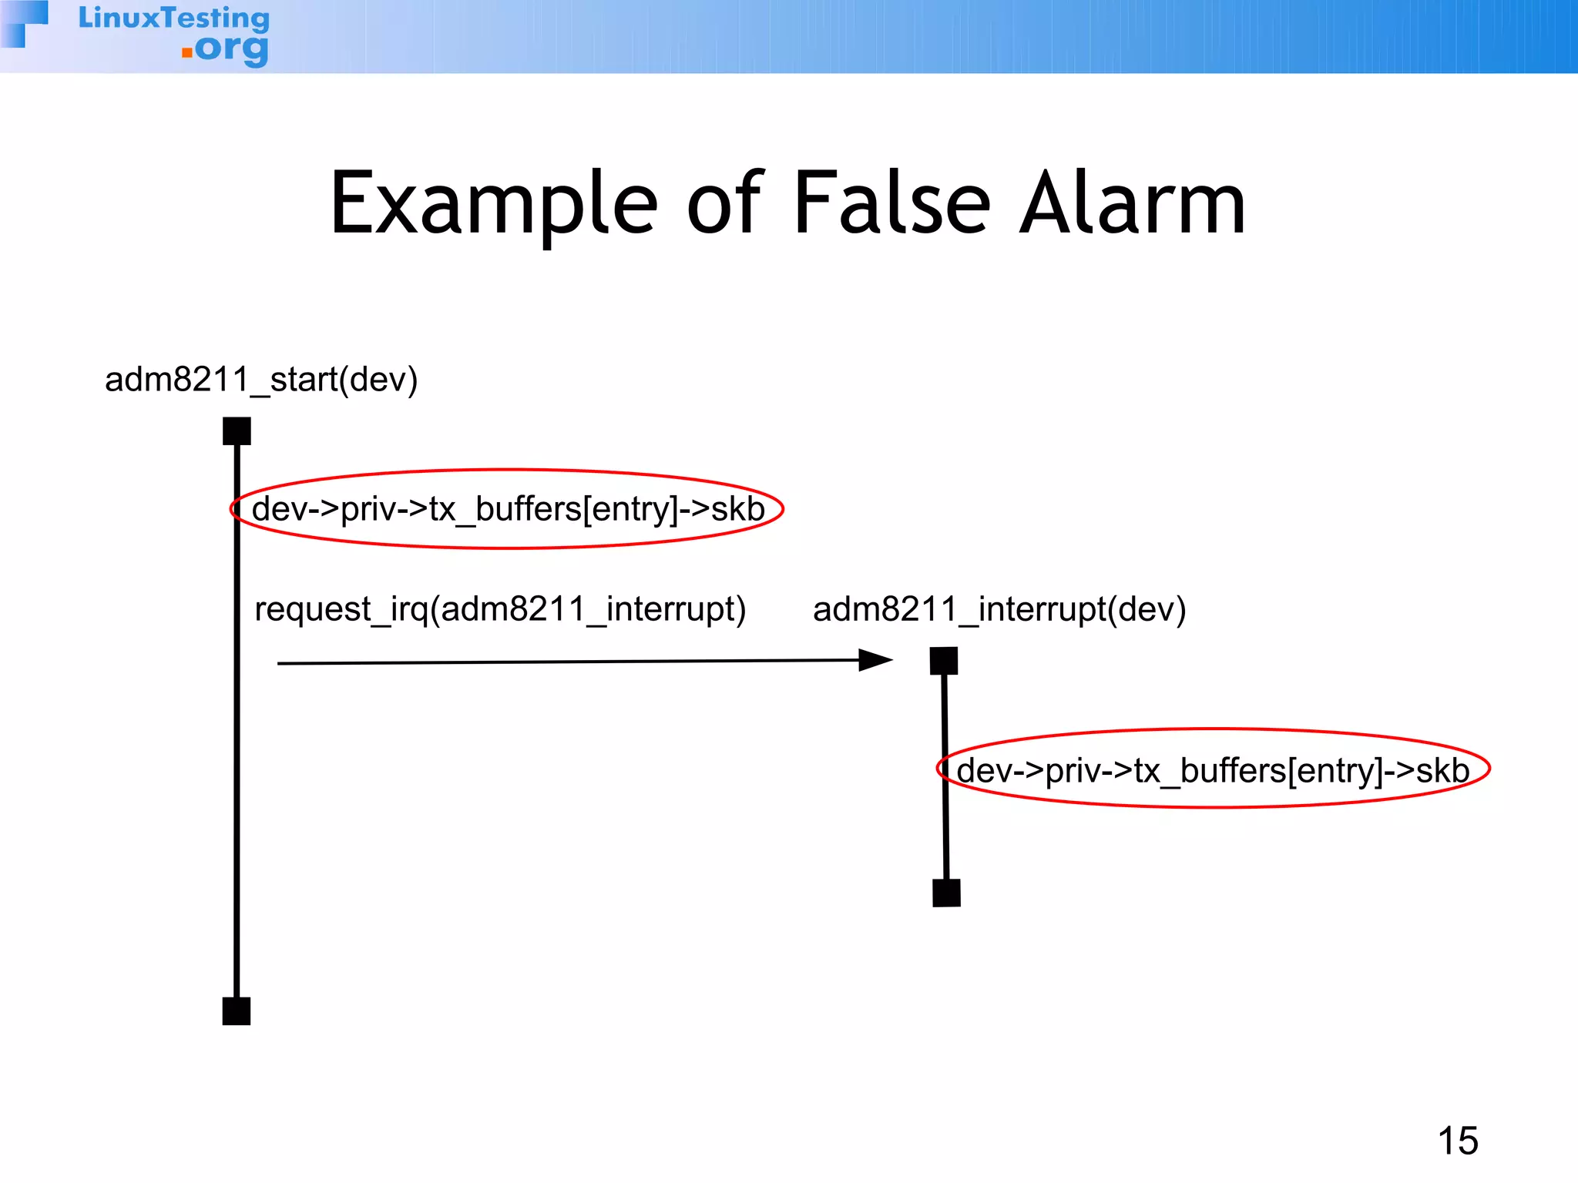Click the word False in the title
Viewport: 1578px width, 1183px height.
pyautogui.click(x=891, y=204)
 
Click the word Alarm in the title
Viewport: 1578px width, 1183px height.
pyautogui.click(x=1132, y=204)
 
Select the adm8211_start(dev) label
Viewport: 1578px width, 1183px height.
pyautogui.click(x=261, y=380)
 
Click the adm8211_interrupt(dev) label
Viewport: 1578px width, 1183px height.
pyautogui.click(x=999, y=609)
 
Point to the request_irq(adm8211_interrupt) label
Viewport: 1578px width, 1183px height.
pyautogui.click(x=500, y=609)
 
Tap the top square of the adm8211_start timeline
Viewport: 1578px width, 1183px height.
pyautogui.click(x=237, y=431)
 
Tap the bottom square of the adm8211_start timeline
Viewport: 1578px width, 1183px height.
pyautogui.click(x=237, y=1010)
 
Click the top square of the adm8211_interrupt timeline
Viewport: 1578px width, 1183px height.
pyautogui.click(x=944, y=661)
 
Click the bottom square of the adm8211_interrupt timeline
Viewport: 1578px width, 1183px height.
pyautogui.click(x=946, y=893)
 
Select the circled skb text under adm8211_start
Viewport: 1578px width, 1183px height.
pyautogui.click(x=508, y=509)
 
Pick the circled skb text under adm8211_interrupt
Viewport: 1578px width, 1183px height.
pyautogui.click(x=1213, y=770)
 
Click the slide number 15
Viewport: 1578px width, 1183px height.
pyautogui.click(x=1458, y=1141)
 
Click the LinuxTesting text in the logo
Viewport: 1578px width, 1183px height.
pyautogui.click(x=174, y=18)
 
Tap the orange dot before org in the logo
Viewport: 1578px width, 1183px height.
pyautogui.click(x=186, y=52)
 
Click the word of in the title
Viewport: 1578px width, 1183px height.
pyautogui.click(x=724, y=204)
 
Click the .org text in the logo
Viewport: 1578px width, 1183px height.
pyautogui.click(x=230, y=50)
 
